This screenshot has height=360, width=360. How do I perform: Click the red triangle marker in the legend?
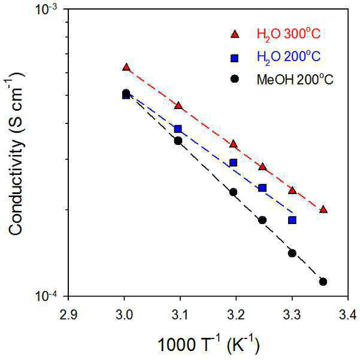235,34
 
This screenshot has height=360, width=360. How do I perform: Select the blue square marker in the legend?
235,58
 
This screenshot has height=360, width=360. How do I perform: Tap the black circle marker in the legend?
235,79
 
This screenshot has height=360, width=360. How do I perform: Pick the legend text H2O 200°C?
288,57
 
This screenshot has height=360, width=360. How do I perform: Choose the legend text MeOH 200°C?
295,79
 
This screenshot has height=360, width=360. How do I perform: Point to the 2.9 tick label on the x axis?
68,314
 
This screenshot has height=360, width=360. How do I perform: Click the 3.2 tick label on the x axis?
236,314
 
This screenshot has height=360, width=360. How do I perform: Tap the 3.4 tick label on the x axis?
348,314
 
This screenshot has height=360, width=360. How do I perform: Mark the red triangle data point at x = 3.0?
126,67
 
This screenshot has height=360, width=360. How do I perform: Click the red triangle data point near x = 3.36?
323,209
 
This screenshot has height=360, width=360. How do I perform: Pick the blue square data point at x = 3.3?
292,220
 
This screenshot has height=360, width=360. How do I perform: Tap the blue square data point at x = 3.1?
178,129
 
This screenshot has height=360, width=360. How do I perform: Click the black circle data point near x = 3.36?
323,282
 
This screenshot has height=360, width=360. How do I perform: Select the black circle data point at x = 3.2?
233,192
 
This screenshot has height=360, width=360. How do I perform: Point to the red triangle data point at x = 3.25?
262,167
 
